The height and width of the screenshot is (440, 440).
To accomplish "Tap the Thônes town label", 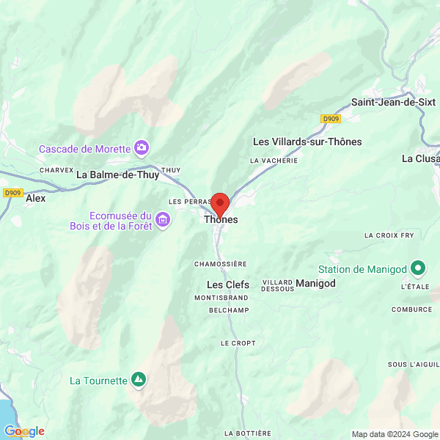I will pyautogui.click(x=221, y=219).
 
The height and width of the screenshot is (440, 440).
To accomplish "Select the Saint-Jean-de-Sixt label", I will pyautogui.click(x=393, y=103).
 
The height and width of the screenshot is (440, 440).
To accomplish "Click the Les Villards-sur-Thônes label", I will pyautogui.click(x=307, y=142).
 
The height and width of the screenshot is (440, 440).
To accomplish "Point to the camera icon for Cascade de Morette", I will pyautogui.click(x=142, y=149).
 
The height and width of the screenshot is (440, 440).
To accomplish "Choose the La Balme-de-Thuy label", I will pyautogui.click(x=117, y=175).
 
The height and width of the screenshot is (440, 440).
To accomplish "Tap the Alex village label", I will pyautogui.click(x=35, y=198).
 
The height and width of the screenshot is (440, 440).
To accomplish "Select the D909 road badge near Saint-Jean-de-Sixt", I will pyautogui.click(x=331, y=118).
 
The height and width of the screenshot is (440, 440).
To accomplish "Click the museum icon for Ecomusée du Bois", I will pyautogui.click(x=163, y=219).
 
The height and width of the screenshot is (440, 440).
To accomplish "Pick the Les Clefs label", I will pyautogui.click(x=228, y=285).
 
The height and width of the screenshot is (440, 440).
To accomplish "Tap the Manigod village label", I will pyautogui.click(x=315, y=283).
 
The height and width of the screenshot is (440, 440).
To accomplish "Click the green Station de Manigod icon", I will pyautogui.click(x=419, y=268).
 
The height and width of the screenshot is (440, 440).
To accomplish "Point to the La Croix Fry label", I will pyautogui.click(x=389, y=235).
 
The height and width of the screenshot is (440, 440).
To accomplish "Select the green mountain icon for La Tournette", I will pyautogui.click(x=138, y=379).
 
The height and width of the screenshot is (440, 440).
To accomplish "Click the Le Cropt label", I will pyautogui.click(x=238, y=343).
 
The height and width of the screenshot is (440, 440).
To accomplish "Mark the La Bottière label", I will pyautogui.click(x=248, y=433).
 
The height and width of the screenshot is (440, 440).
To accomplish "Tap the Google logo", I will pyautogui.click(x=23, y=431).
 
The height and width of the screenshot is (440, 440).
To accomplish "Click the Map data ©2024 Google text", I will pyautogui.click(x=394, y=434).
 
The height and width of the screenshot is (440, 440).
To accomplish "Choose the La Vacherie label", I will pyautogui.click(x=274, y=160).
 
